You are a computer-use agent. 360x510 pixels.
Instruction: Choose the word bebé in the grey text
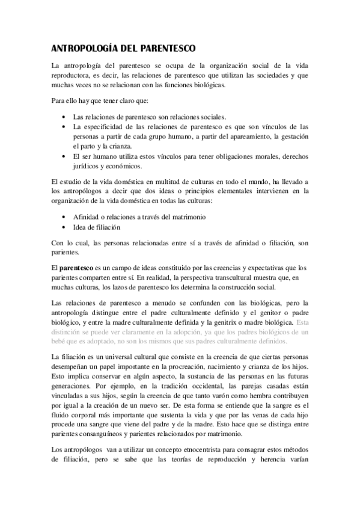click(61, 342)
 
